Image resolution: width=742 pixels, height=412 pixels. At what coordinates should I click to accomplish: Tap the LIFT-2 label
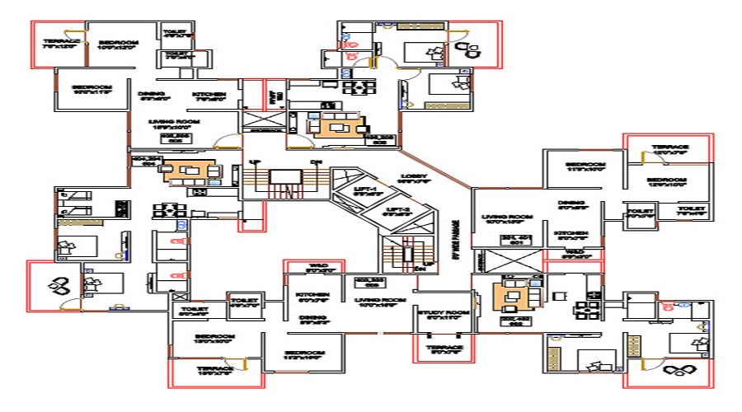[397, 212]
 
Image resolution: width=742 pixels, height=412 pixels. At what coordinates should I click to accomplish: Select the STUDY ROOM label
[443, 314]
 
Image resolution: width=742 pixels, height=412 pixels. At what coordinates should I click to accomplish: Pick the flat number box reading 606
[175, 138]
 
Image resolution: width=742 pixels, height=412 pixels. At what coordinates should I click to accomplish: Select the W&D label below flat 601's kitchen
[574, 252]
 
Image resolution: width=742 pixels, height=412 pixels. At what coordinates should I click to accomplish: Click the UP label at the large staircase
[254, 162]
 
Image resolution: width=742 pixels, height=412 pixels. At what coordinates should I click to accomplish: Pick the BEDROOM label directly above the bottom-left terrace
[215, 338]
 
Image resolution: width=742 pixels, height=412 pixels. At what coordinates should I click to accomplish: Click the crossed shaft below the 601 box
[505, 263]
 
